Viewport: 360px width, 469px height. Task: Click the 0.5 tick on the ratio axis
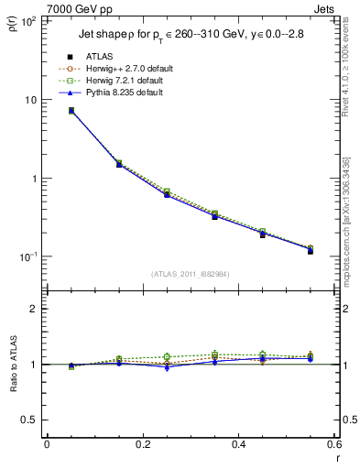tap(29, 420)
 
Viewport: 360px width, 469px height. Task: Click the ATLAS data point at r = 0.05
tap(71, 111)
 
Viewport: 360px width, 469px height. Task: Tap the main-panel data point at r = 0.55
tap(311, 250)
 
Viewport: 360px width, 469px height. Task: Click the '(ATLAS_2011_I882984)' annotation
tap(191, 273)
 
